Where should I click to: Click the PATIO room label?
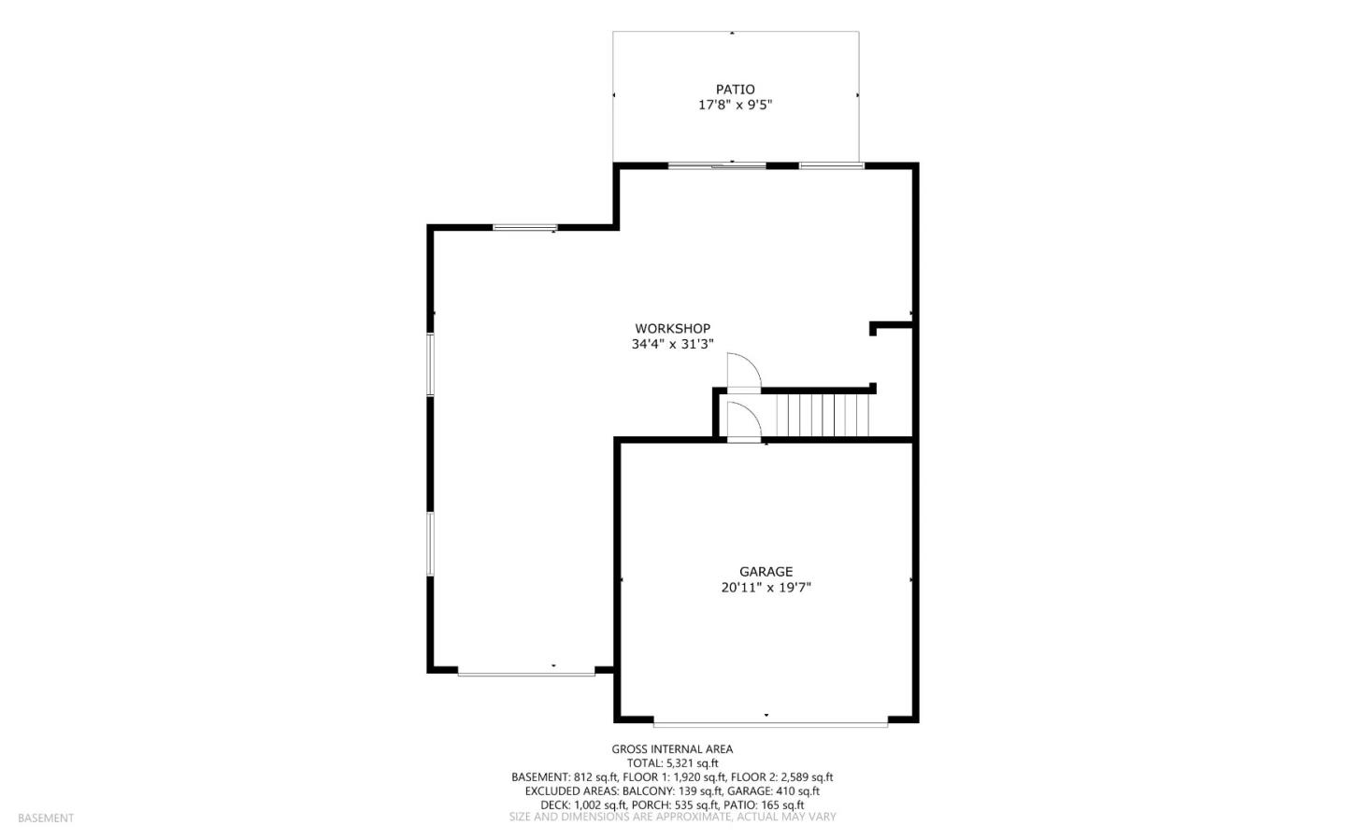click(735, 90)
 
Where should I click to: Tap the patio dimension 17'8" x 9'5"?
click(735, 106)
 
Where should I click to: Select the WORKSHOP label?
click(672, 329)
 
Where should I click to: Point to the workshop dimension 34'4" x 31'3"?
click(672, 344)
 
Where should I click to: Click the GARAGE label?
click(766, 572)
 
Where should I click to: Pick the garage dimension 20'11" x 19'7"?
click(766, 587)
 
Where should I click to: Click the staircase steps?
click(823, 415)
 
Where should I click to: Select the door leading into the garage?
click(744, 420)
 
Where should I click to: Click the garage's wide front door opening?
click(770, 724)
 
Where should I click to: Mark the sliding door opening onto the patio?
click(717, 165)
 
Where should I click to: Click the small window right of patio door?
click(832, 165)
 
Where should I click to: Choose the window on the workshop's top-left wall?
click(525, 228)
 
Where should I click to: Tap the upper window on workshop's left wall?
click(430, 364)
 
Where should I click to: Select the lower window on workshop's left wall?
click(430, 544)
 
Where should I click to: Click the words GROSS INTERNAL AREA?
click(672, 749)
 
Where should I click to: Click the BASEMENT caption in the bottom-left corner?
click(46, 819)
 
